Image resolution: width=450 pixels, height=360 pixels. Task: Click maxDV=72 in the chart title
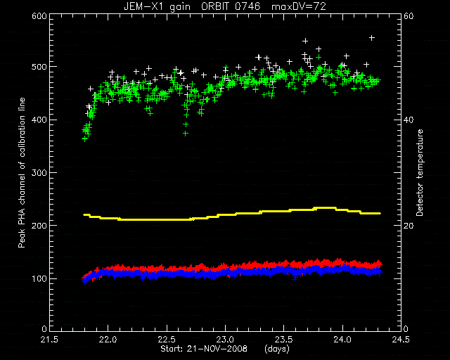(x=299, y=6)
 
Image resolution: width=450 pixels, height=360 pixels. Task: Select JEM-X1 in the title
(x=142, y=6)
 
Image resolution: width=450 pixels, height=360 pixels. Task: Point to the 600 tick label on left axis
(x=39, y=16)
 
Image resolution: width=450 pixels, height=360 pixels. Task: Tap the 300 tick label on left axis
(x=39, y=173)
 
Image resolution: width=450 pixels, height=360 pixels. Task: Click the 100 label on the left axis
(x=39, y=278)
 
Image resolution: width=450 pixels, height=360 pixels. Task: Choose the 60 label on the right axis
(x=409, y=16)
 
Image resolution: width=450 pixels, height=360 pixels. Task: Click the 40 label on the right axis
(x=409, y=120)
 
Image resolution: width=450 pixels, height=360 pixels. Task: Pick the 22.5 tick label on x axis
(x=167, y=340)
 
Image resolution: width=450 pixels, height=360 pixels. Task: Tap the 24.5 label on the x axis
(x=401, y=340)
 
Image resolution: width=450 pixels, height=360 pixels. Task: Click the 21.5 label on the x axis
(x=50, y=340)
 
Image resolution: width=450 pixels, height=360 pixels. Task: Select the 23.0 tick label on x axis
(x=225, y=340)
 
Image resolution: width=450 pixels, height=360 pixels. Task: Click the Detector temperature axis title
(x=420, y=172)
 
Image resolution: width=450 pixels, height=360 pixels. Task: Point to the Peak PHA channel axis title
(x=22, y=172)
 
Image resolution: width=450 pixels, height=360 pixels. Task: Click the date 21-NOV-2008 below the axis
(x=217, y=349)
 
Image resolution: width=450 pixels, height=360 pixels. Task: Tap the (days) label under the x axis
(x=277, y=349)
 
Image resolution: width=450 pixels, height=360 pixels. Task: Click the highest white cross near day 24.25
(x=372, y=38)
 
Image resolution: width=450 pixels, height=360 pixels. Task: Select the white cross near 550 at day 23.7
(x=305, y=41)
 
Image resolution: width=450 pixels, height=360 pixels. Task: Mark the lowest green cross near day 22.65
(x=186, y=134)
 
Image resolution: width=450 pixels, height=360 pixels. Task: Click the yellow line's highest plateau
(x=325, y=208)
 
